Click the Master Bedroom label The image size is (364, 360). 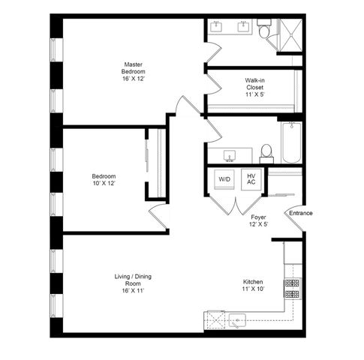tap(133, 70)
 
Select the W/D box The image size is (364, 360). tap(224, 180)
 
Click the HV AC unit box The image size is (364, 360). tap(251, 179)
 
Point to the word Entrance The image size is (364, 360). tap(300, 213)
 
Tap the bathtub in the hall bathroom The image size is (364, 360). tap(290, 143)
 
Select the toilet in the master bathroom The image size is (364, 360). tap(263, 31)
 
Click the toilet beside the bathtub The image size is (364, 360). tap(265, 153)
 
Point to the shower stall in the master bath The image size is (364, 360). tap(290, 34)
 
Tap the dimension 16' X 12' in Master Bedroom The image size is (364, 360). tap(133, 79)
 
